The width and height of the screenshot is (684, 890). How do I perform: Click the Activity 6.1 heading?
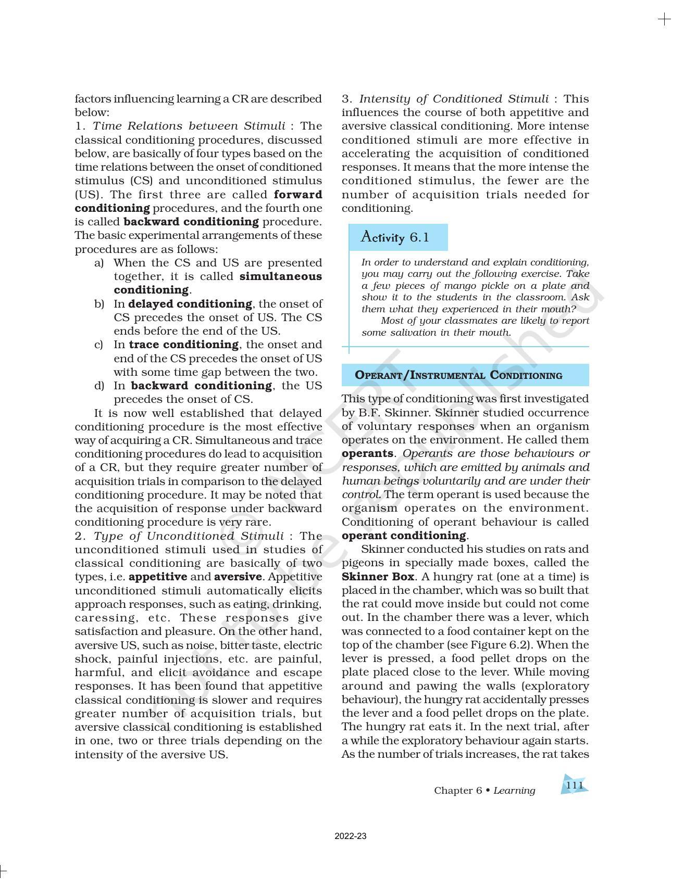pos(395,237)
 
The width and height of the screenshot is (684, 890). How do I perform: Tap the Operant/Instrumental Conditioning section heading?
pos(458,375)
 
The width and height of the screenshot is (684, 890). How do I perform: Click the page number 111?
pos(574,785)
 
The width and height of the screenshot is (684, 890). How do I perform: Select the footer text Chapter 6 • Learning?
pos(484,791)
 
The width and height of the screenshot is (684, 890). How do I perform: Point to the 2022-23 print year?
pos(351,836)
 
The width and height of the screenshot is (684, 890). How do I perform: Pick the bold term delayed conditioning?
pos(190,304)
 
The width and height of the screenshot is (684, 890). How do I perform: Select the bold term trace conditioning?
pos(184,345)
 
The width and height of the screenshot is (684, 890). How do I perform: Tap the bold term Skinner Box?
pos(378,577)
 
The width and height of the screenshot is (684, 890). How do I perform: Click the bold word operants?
pos(367,453)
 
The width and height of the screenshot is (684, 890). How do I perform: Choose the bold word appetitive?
pos(158,577)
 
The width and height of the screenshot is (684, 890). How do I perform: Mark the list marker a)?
pos(99,263)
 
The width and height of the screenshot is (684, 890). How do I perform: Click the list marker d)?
pos(99,386)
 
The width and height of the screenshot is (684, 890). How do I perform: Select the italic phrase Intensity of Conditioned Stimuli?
pos(454,99)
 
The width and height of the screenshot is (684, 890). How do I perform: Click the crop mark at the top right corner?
pos(664,20)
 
